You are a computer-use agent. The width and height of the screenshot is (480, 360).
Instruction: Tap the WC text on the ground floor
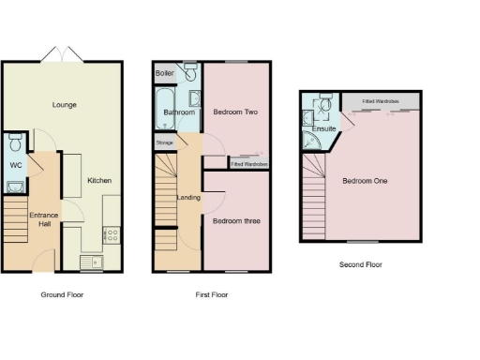(x=15, y=166)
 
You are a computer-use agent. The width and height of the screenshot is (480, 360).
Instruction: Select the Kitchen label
(x=99, y=180)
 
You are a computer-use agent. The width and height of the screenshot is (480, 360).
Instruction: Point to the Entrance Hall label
(x=48, y=220)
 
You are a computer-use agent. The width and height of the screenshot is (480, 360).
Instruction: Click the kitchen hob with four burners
(x=111, y=234)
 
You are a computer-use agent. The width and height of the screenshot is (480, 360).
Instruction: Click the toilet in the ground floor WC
(x=14, y=143)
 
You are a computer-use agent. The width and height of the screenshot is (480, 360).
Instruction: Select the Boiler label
(x=165, y=72)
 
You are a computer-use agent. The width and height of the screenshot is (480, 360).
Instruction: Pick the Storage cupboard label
(x=164, y=143)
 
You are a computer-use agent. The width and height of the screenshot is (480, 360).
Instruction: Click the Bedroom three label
(x=234, y=221)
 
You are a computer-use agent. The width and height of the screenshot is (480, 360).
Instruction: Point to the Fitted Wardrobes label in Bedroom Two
(x=249, y=164)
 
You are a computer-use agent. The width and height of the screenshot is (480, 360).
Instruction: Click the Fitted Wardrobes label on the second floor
(x=380, y=99)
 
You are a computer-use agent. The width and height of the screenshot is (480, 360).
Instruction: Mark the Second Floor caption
(x=360, y=264)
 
